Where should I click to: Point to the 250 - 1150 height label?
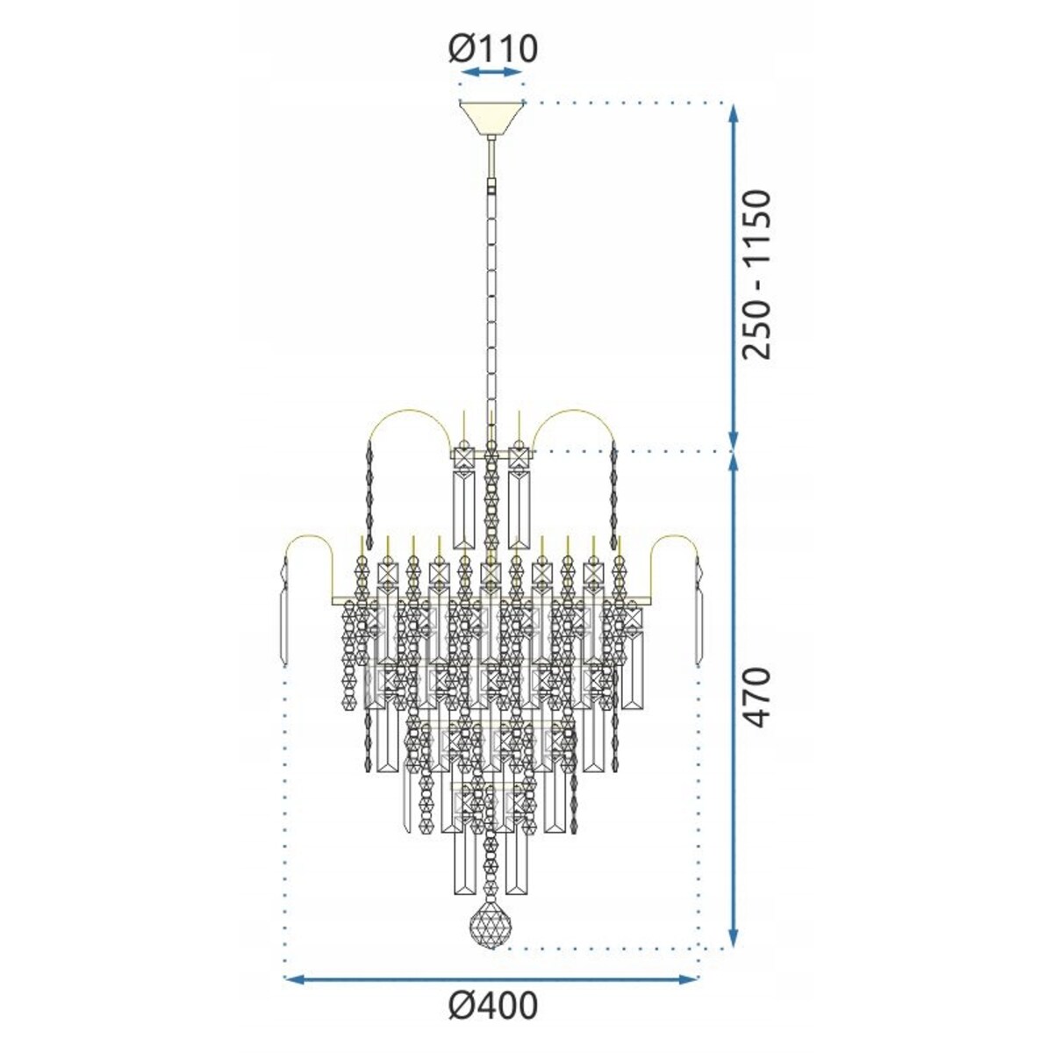756,274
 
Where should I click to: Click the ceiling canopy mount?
491,118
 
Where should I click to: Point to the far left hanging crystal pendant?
283,614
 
